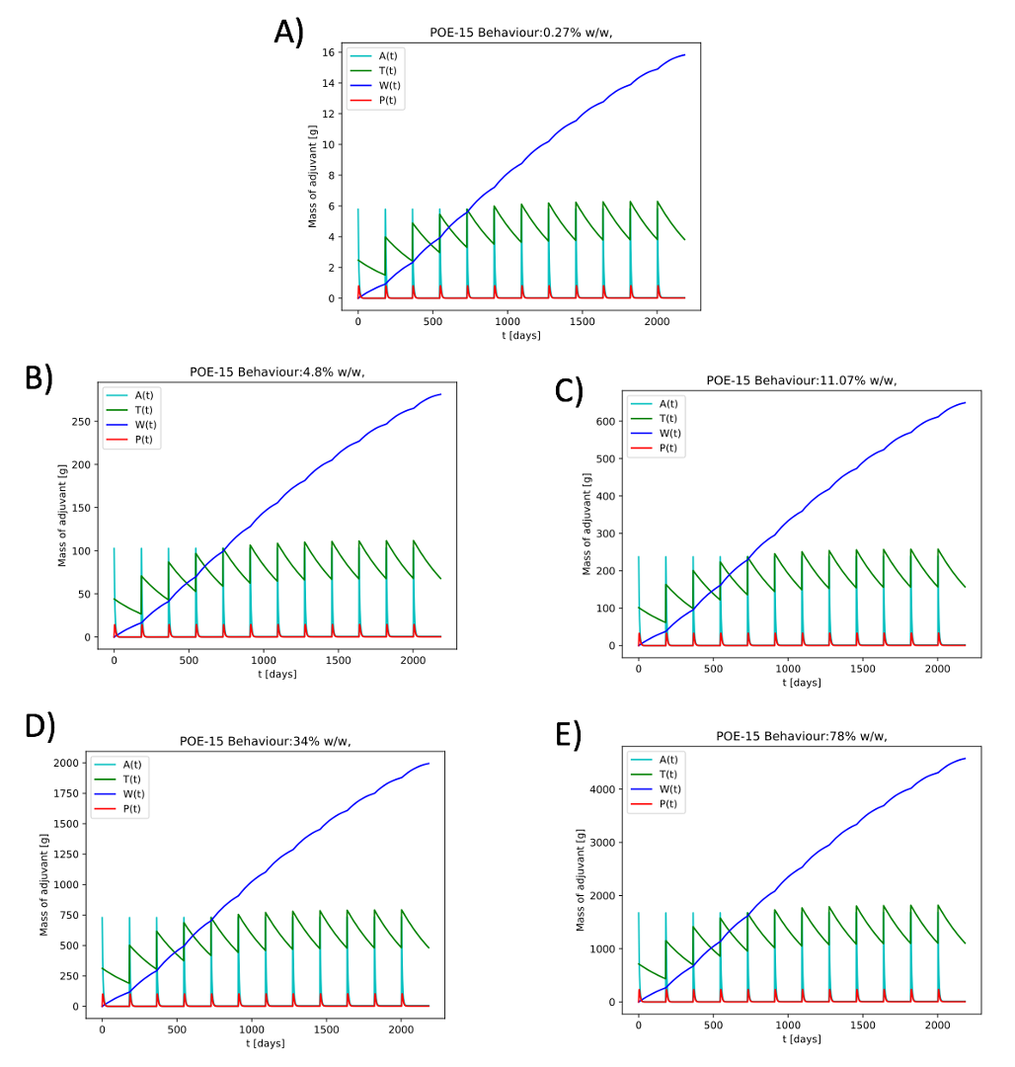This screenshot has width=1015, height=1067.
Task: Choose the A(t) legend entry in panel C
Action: (x=667, y=403)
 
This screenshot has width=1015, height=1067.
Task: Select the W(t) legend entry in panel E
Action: (x=667, y=788)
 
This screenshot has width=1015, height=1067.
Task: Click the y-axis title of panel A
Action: (x=313, y=176)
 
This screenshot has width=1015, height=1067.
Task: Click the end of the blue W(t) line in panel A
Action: (x=684, y=54)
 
